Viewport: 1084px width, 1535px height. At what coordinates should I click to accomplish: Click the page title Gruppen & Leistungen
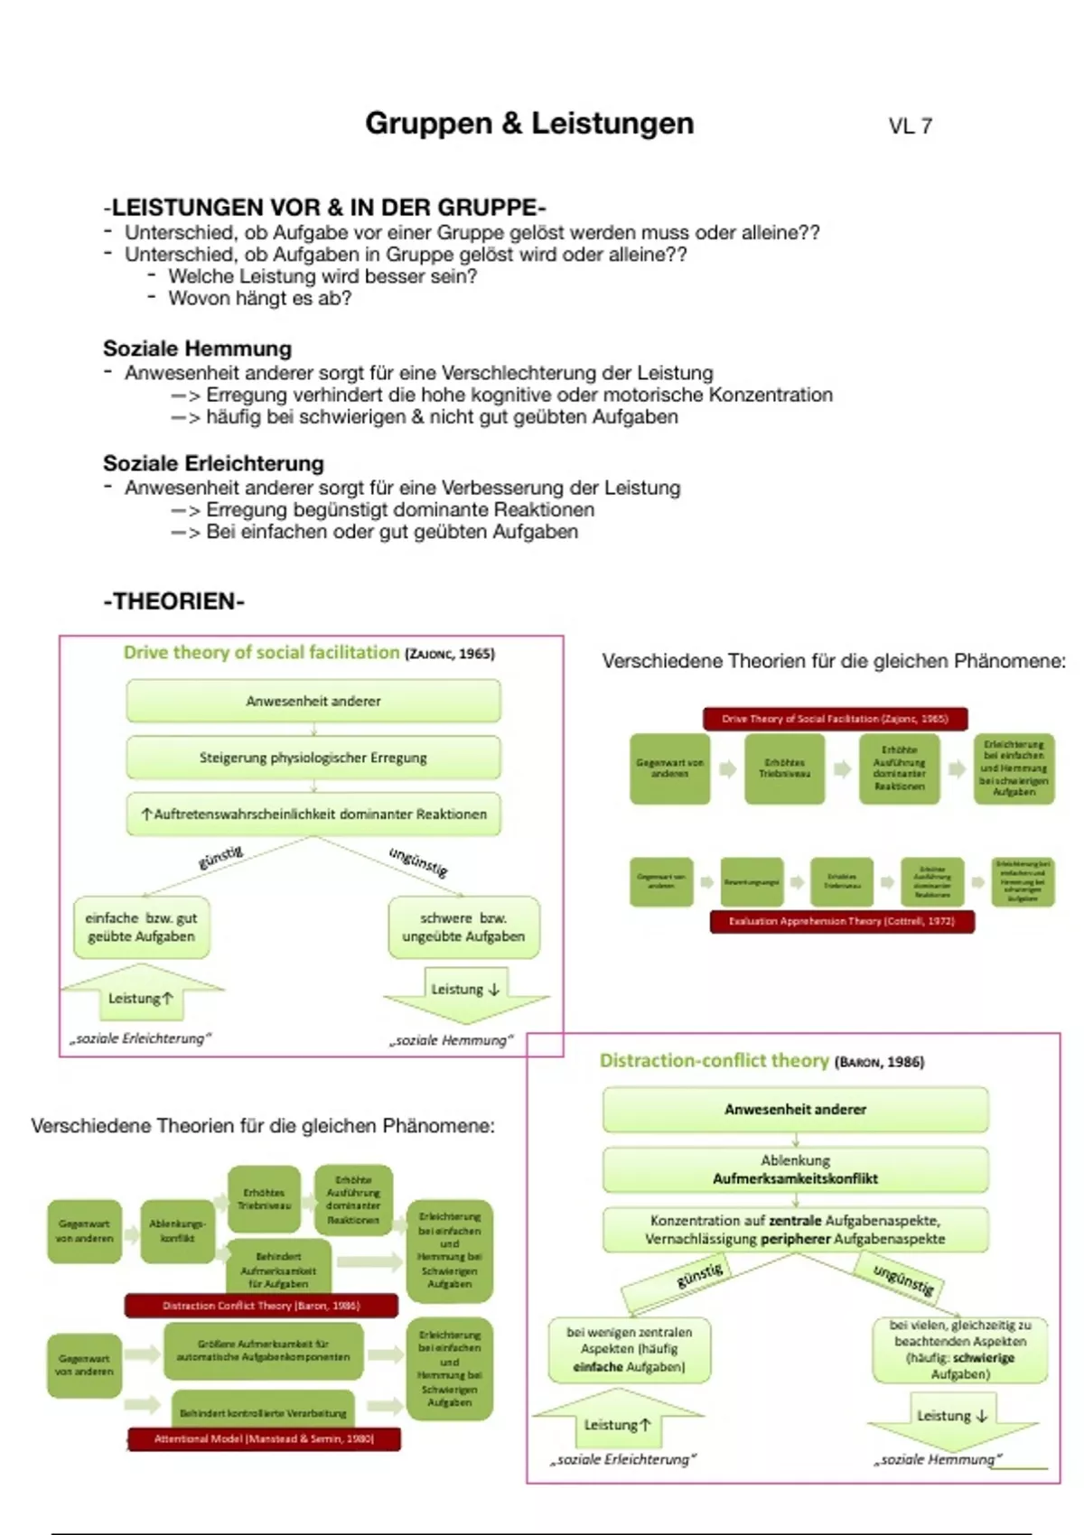(529, 124)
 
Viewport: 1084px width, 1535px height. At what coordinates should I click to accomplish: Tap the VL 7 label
(910, 126)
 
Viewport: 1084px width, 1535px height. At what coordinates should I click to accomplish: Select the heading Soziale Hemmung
(197, 349)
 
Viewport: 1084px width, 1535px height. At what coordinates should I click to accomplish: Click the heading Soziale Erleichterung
(213, 463)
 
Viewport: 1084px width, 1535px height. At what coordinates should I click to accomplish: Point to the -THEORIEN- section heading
(173, 601)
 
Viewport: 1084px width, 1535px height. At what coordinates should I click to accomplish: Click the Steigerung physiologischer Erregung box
(313, 758)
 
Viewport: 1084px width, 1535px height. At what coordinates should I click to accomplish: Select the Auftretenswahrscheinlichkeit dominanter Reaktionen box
(313, 814)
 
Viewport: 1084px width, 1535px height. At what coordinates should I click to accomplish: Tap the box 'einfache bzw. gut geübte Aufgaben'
(141, 927)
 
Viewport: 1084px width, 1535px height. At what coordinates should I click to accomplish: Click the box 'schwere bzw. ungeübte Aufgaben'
(463, 927)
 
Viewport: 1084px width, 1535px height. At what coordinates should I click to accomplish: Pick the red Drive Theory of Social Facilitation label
(835, 719)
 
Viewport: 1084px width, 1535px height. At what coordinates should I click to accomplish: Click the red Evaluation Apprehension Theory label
(842, 922)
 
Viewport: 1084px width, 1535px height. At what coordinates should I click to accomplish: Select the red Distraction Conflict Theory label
(261, 1306)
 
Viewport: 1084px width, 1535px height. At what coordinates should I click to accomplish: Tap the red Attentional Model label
(264, 1438)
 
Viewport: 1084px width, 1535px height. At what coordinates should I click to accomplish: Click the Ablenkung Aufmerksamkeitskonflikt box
(795, 1169)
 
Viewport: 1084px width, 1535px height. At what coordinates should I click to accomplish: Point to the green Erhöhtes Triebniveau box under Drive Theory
(784, 768)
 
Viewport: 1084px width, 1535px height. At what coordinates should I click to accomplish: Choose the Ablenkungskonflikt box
(177, 1231)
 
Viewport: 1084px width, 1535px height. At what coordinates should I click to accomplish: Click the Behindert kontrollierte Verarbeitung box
(263, 1412)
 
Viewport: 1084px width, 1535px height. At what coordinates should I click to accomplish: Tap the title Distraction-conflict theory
(714, 1061)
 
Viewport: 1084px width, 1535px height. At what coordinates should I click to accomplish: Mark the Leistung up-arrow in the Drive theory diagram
(141, 997)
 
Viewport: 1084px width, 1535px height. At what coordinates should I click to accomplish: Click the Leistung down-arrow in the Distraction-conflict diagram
(952, 1416)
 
